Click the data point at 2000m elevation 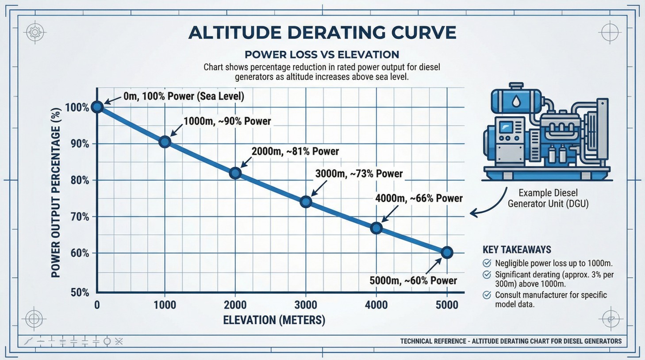[x=235, y=173]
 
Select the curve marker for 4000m [x=376, y=228]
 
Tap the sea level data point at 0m [x=97, y=107]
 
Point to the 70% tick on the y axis [x=80, y=217]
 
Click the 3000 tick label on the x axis [x=306, y=305]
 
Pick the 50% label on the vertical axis [x=80, y=293]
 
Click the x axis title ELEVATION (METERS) [x=274, y=320]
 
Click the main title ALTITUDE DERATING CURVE [x=322, y=33]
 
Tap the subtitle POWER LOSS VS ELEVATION [x=322, y=55]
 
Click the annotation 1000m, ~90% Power [x=227, y=121]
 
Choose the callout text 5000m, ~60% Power [x=413, y=281]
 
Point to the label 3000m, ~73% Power [x=359, y=174]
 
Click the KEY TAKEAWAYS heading [x=517, y=249]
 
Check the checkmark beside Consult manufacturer [x=487, y=295]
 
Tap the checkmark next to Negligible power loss [x=487, y=263]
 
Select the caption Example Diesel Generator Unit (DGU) [x=548, y=198]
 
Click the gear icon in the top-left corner [x=35, y=32]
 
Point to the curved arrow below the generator [x=489, y=204]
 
